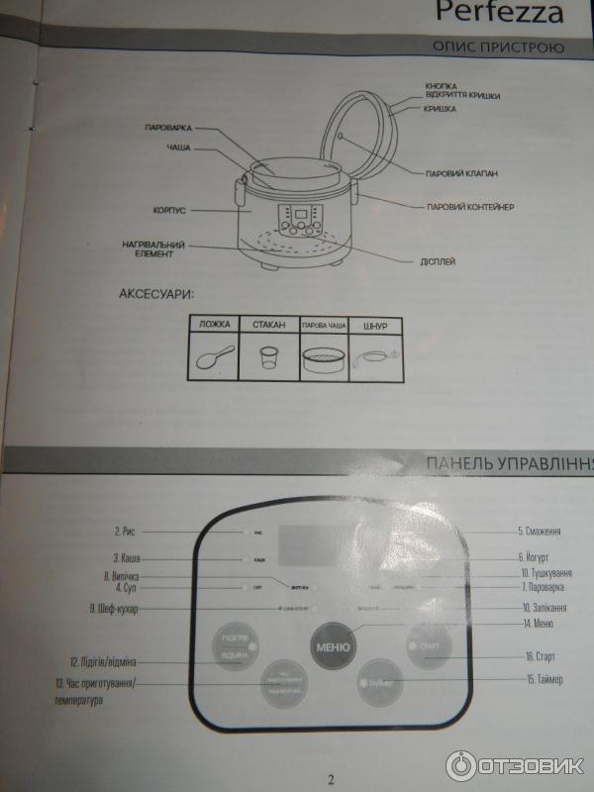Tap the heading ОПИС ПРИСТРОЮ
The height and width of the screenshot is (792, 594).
tap(498, 48)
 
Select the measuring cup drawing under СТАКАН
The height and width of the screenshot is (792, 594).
tap(265, 357)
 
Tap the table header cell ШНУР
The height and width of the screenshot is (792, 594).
tap(374, 325)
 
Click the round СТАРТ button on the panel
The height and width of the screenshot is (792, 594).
tap(427, 647)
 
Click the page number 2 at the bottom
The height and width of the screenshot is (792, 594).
tap(331, 778)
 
